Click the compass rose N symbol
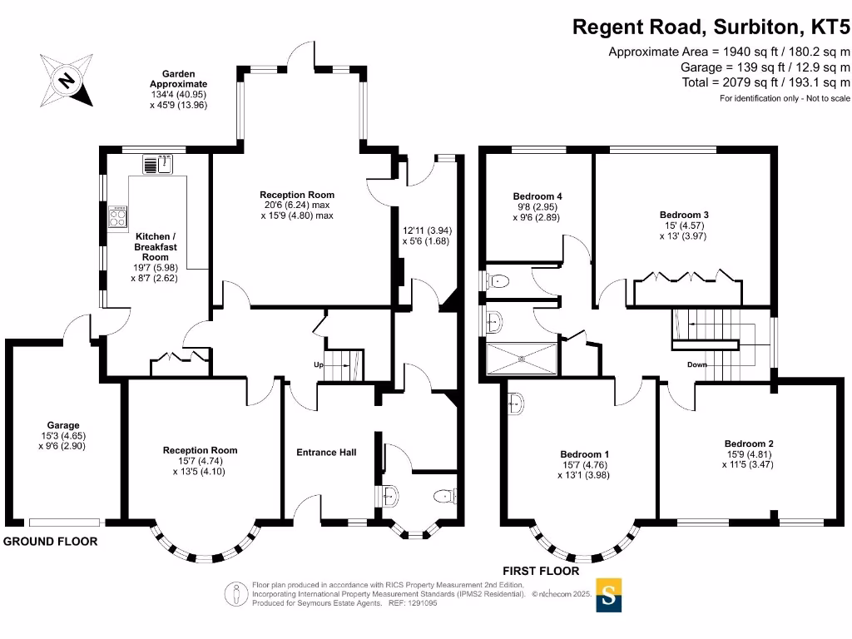[x=67, y=81]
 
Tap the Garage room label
[x=63, y=425]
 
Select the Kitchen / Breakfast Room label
[x=156, y=246]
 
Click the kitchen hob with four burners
[x=118, y=217]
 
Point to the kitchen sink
[x=157, y=164]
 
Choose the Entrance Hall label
[x=326, y=452]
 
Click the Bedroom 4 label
[x=537, y=196]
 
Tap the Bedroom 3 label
[x=684, y=215]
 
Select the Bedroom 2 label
[x=749, y=444]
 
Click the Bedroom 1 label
[x=585, y=454]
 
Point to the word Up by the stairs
[x=319, y=364]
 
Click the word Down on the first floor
[x=697, y=364]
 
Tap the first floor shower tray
[x=522, y=359]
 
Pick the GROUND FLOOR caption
[x=51, y=541]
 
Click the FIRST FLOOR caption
[x=541, y=571]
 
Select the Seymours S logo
[x=608, y=595]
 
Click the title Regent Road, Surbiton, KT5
[x=711, y=27]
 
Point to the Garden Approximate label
[x=179, y=79]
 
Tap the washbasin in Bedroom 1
[x=516, y=404]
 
